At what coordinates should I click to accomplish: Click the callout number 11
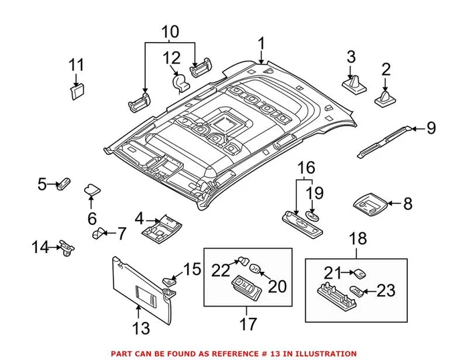tap(77, 65)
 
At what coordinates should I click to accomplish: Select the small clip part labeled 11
tap(78, 91)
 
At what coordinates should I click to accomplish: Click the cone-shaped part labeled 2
tap(386, 99)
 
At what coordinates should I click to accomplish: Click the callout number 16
tap(305, 167)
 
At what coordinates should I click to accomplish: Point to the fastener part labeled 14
tap(66, 248)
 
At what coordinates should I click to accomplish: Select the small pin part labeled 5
tap(65, 184)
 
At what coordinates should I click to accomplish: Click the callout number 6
tap(92, 218)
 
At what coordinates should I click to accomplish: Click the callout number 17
tap(248, 325)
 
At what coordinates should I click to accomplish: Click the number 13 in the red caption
tap(276, 353)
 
